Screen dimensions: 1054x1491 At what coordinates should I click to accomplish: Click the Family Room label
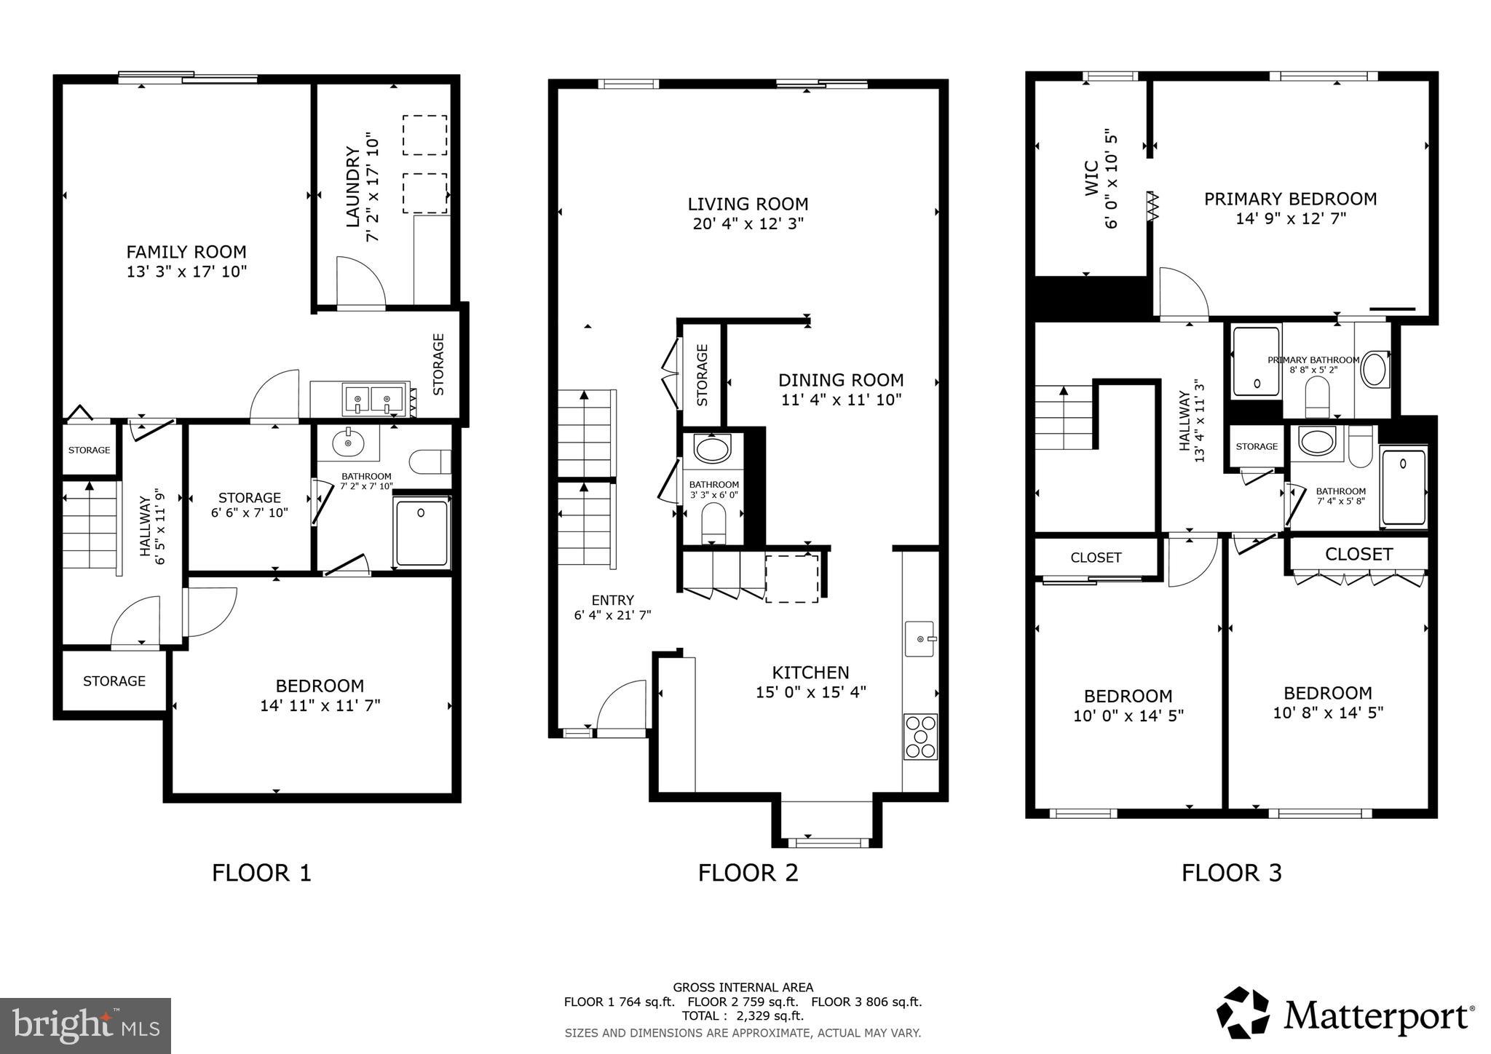[186, 252]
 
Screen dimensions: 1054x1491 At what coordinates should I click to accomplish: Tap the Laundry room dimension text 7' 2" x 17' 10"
[373, 187]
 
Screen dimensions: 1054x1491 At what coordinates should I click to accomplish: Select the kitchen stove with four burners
[921, 737]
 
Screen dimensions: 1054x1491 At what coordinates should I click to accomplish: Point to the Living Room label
[748, 204]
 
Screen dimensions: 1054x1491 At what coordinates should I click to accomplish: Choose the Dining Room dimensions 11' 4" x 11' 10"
[841, 400]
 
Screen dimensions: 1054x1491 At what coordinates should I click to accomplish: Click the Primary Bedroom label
[1290, 199]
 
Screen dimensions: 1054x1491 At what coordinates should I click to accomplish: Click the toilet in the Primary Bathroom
[1317, 397]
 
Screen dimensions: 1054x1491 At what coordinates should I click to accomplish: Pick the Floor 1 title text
[261, 872]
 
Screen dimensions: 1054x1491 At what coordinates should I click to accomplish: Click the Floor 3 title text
[1231, 872]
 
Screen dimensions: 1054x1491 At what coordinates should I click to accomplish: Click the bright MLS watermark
[86, 1026]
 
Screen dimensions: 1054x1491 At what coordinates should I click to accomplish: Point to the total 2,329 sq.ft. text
[743, 1015]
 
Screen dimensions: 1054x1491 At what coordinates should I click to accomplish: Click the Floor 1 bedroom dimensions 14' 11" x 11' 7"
[320, 705]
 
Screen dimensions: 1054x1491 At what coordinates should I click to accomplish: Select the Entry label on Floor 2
[612, 600]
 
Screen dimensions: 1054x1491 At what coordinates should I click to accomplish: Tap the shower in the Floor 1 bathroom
[422, 532]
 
